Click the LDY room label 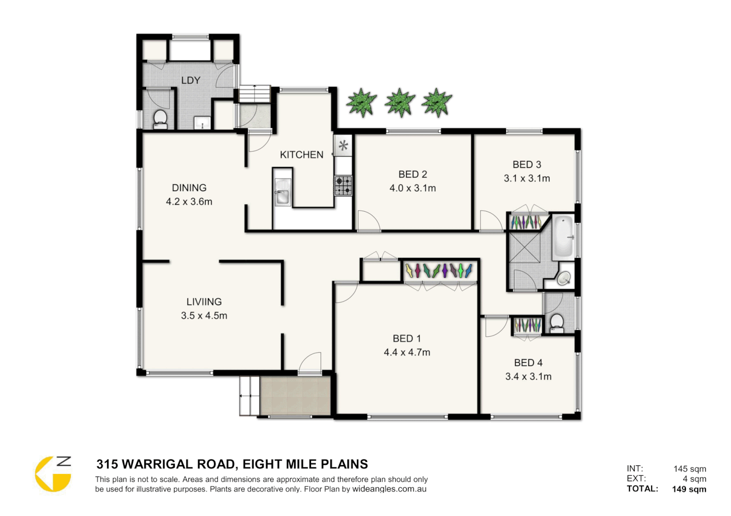pyautogui.click(x=190, y=80)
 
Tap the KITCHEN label pyautogui.click(x=301, y=155)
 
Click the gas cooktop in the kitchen pyautogui.click(x=343, y=185)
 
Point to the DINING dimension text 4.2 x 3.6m pyautogui.click(x=189, y=202)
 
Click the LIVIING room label pyautogui.click(x=204, y=302)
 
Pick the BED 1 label pyautogui.click(x=407, y=339)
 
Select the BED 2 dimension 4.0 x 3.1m pyautogui.click(x=412, y=188)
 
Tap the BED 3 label pyautogui.click(x=527, y=165)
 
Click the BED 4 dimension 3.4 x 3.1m pyautogui.click(x=528, y=376)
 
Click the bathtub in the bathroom pyautogui.click(x=563, y=237)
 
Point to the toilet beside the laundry pyautogui.click(x=160, y=118)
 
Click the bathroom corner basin pyautogui.click(x=564, y=278)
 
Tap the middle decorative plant pyautogui.click(x=399, y=102)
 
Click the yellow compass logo pyautogui.click(x=53, y=474)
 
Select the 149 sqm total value pyautogui.click(x=689, y=489)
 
